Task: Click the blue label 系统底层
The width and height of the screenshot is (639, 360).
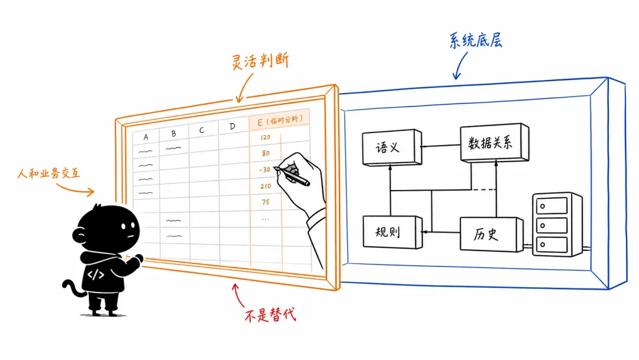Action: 475,40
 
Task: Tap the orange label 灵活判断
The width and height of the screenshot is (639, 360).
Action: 260,61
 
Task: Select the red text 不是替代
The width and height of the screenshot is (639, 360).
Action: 270,315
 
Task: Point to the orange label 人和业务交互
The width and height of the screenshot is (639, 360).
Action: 49,173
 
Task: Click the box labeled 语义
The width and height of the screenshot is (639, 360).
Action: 392,147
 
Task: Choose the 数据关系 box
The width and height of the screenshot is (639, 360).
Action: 494,142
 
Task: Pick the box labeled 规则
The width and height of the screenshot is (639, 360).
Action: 392,232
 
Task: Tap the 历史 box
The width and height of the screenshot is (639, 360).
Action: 492,234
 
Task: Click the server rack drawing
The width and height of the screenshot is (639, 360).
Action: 557,224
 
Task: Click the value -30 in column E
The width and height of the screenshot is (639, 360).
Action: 264,169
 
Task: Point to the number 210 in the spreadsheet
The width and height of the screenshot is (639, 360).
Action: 266,186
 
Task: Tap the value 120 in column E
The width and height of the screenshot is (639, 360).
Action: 265,137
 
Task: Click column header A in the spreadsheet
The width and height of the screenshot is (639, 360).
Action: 146,137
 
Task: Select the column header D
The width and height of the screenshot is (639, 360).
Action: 233,126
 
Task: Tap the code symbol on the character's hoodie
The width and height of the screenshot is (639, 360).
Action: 95,274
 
